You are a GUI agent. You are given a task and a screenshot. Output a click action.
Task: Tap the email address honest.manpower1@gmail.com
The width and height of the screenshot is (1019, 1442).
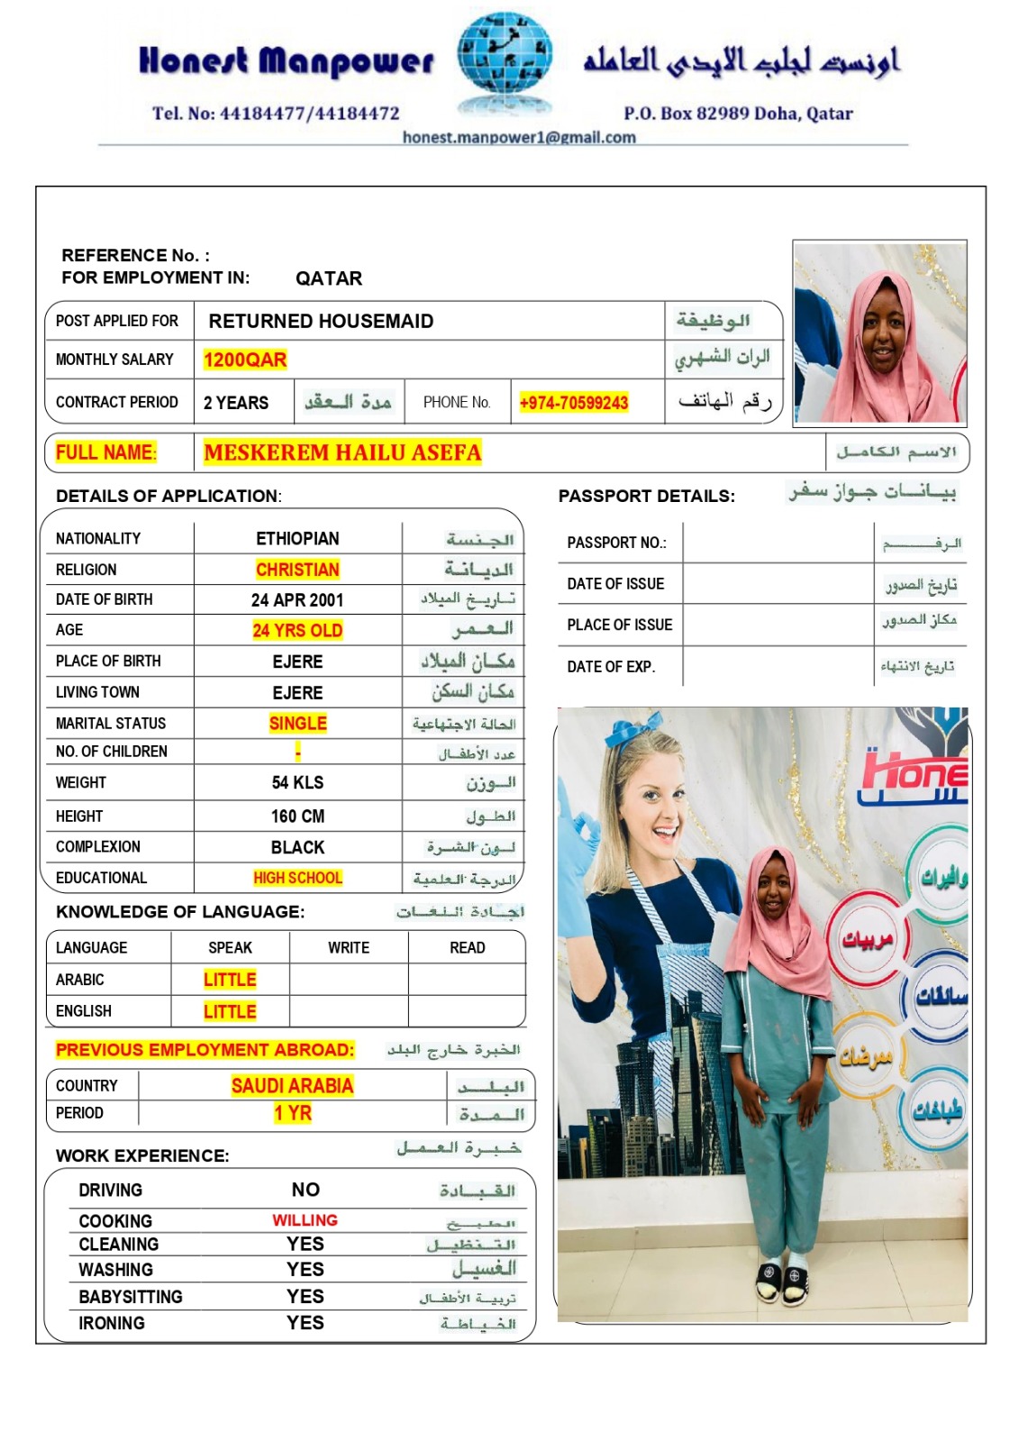519,137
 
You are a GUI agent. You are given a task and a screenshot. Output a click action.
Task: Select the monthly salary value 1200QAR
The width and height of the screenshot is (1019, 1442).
245,360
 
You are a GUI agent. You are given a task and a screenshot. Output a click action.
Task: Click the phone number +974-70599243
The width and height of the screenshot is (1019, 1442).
574,403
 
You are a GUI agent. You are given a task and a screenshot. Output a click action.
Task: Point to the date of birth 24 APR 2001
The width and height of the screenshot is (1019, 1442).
297,600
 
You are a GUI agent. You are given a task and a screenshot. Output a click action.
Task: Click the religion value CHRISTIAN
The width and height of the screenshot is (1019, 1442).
297,570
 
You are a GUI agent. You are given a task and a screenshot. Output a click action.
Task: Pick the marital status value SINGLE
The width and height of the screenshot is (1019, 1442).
297,723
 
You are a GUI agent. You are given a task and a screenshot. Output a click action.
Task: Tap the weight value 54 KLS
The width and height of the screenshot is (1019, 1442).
297,782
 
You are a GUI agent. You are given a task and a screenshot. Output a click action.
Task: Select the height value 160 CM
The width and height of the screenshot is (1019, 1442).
297,817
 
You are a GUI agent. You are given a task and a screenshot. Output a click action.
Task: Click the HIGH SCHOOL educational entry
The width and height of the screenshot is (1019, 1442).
297,878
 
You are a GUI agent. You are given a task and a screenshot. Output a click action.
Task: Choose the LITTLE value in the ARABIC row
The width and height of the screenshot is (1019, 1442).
230,980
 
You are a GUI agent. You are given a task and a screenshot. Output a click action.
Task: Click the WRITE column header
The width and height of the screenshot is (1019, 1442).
349,948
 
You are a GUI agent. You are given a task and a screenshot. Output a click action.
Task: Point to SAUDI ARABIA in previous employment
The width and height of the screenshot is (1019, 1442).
292,1086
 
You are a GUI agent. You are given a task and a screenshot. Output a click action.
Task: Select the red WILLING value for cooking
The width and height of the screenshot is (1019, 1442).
305,1220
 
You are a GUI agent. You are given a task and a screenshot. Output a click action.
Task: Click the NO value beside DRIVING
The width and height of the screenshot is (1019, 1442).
305,1190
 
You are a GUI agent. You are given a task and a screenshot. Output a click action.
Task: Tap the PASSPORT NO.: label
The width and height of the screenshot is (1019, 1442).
616,543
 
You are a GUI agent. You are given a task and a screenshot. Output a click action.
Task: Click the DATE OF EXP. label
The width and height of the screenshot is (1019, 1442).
611,667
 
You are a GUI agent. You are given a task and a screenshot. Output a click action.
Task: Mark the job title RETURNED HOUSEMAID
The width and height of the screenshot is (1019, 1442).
321,322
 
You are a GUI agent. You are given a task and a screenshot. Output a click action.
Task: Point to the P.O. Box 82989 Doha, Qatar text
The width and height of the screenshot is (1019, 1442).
738,114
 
